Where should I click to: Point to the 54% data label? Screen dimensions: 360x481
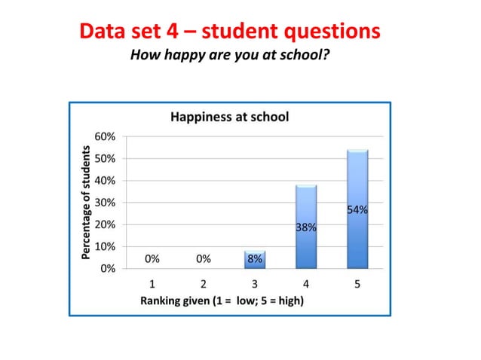pos(357,210)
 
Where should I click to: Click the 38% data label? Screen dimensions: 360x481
pos(306,227)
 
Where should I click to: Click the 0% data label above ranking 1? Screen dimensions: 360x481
pos(152,258)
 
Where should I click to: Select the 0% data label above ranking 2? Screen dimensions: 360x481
pos(204,258)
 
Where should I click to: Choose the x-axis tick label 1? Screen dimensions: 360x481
pos(152,285)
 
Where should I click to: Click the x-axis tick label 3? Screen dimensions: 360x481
pos(255,285)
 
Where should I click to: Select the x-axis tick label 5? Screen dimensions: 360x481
pos(357,285)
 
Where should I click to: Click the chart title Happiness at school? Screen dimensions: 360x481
pos(230,117)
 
